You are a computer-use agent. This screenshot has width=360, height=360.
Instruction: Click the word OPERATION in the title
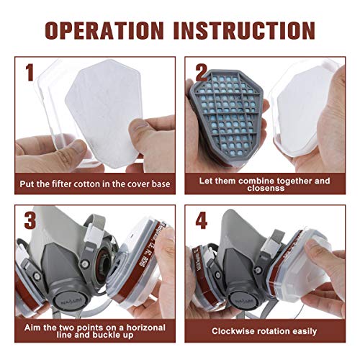104,30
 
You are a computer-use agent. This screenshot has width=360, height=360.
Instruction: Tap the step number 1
30,73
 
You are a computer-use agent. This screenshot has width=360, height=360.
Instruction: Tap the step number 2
201,73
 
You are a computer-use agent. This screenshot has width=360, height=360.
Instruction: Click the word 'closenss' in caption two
266,188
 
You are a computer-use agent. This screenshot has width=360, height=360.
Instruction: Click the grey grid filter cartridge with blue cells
227,115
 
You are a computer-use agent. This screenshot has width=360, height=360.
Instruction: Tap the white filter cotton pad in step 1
104,113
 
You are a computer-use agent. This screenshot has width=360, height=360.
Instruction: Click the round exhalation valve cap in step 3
69,300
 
